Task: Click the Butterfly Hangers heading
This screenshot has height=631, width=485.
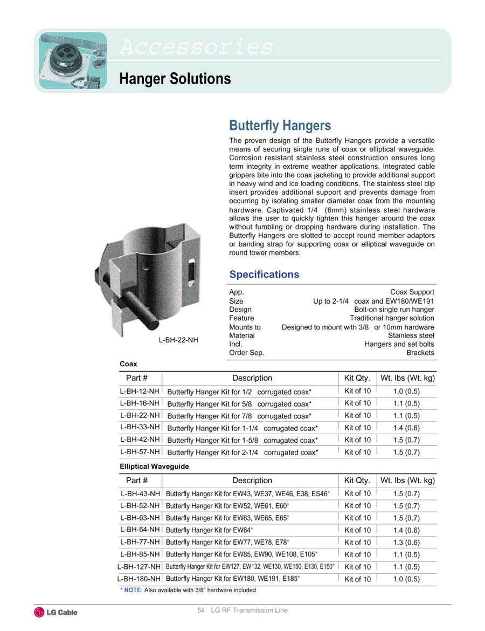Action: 280,126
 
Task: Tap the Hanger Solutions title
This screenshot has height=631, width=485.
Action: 175,79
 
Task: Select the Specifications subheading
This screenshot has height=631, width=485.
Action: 264,275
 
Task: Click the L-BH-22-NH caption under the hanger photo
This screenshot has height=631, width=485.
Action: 178,340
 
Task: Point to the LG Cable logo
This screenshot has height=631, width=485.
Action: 56,612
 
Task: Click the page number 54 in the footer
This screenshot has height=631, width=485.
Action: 201,611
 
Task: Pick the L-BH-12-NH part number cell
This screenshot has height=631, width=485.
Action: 140,391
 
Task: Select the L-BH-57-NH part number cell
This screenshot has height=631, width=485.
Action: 140,451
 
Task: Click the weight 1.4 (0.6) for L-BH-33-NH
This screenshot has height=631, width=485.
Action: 406,428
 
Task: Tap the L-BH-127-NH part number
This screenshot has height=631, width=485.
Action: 138,567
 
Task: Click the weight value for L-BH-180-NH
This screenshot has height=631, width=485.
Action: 406,579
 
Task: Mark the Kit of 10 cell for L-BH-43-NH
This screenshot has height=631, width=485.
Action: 357,493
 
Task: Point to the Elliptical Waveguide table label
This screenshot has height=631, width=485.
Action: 154,467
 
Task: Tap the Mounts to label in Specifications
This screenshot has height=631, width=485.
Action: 245,327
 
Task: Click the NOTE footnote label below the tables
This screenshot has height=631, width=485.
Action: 133,590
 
